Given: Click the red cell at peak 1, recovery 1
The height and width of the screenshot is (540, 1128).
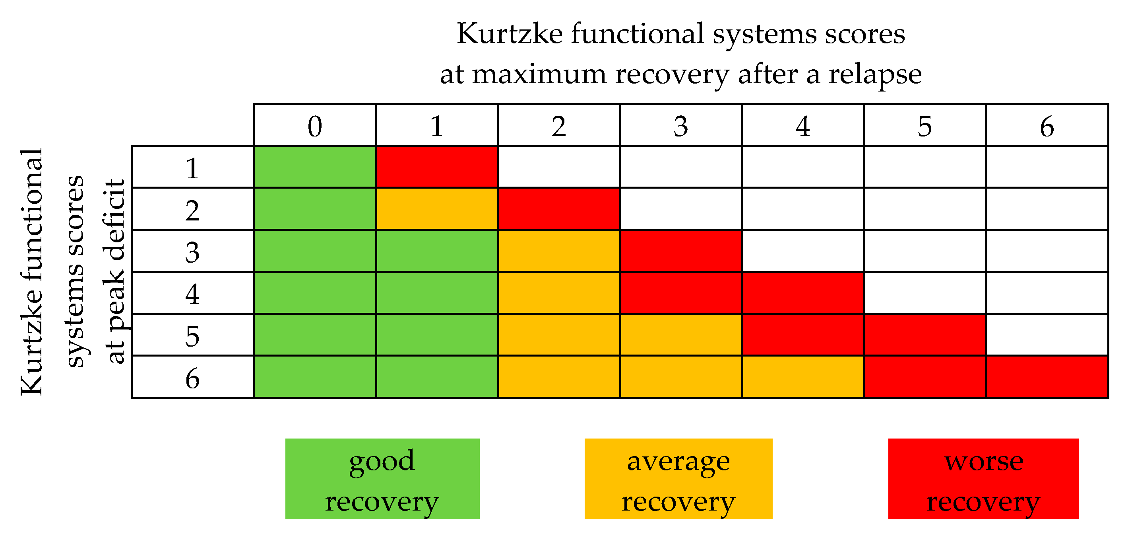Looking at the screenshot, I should click(436, 167).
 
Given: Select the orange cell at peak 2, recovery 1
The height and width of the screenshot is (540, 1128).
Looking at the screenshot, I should click(436, 209).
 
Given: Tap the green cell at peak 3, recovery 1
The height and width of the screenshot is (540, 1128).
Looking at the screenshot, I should click(436, 251).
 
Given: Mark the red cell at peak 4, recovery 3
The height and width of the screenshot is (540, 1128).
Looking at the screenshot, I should click(681, 293).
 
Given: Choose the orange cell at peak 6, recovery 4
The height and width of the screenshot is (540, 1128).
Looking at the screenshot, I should click(802, 377).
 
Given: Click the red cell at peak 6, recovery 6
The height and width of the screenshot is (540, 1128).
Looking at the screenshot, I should click(1047, 377).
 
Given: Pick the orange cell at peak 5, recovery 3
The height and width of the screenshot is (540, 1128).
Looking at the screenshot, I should click(681, 335).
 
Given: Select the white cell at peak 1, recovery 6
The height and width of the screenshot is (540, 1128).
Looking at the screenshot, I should click(1047, 167).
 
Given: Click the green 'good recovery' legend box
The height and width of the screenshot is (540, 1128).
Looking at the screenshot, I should click(382, 479).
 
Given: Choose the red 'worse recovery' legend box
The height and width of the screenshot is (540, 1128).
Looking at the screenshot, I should click(983, 479).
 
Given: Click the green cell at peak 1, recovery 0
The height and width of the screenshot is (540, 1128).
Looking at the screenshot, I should click(314, 167).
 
